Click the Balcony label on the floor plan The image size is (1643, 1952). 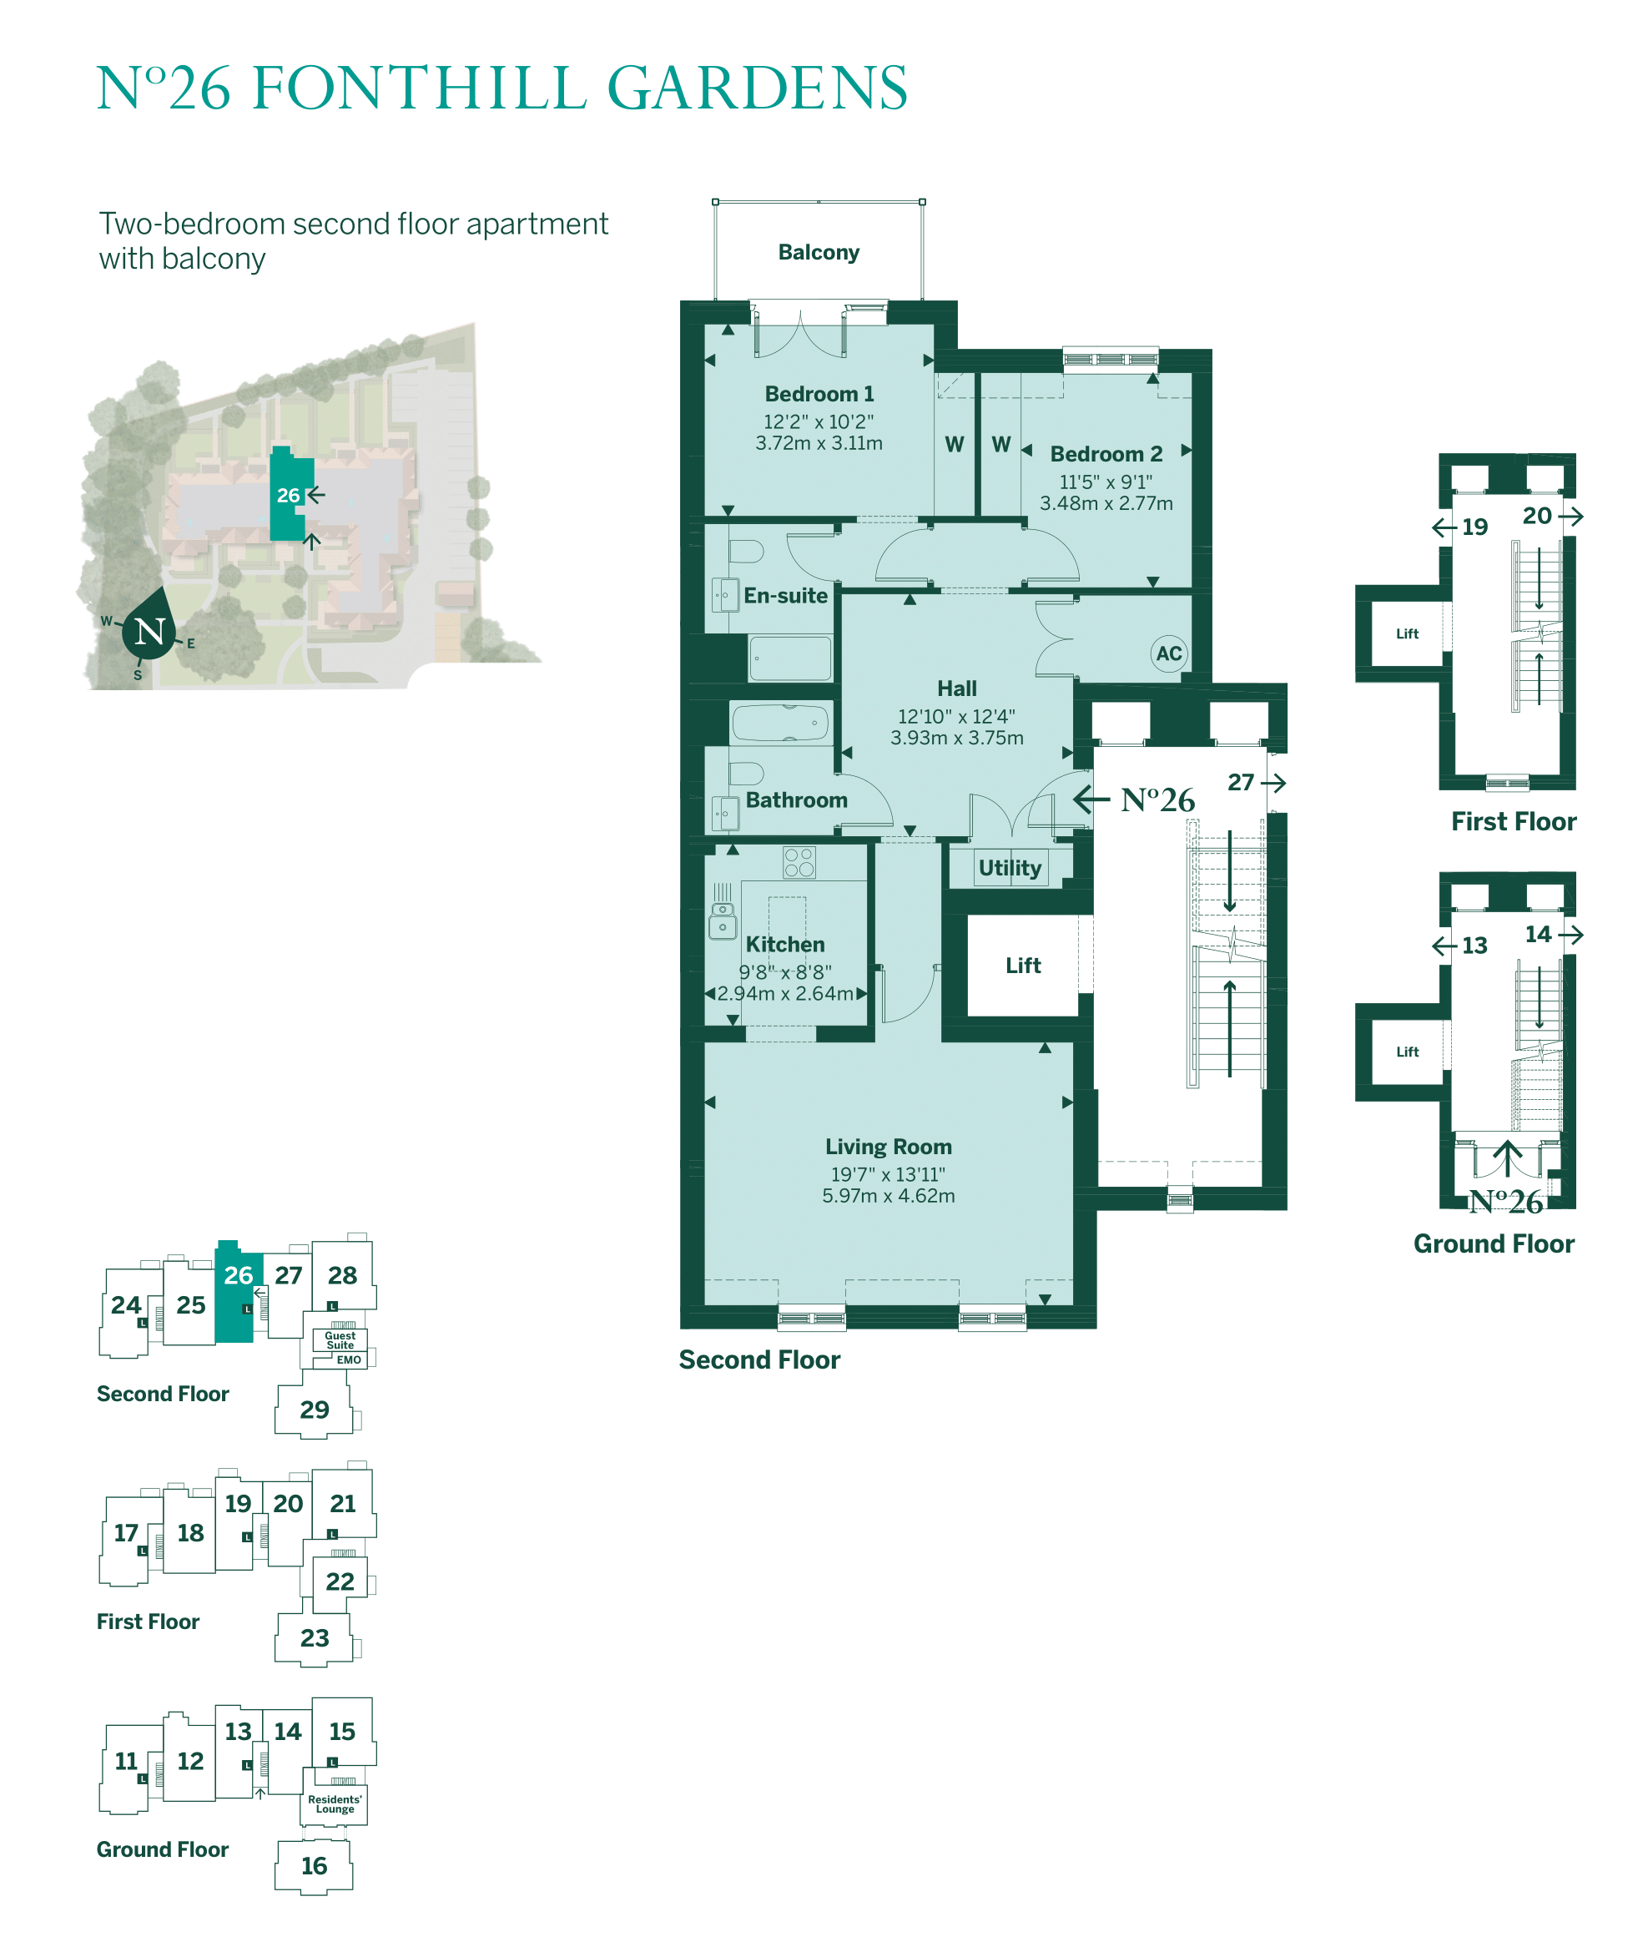click(818, 252)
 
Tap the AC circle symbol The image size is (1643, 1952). click(1168, 653)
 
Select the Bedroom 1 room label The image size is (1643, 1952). click(819, 394)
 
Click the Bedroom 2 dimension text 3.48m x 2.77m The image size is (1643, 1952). click(1106, 504)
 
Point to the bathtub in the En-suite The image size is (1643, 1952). click(790, 658)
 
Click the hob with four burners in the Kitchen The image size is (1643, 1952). click(799, 862)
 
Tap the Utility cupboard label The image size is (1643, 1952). click(1009, 868)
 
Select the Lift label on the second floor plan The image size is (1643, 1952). click(1023, 966)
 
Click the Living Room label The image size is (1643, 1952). click(888, 1147)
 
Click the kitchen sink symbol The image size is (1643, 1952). click(723, 918)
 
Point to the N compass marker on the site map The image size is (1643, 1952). click(150, 633)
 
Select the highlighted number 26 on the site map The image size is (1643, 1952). click(288, 496)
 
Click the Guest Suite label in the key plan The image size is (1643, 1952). click(340, 1340)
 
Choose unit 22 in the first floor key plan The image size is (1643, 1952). click(340, 1581)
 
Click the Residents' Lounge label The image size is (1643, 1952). click(335, 1804)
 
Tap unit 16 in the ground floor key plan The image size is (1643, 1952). click(314, 1865)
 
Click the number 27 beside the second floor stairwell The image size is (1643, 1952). click(1240, 782)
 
